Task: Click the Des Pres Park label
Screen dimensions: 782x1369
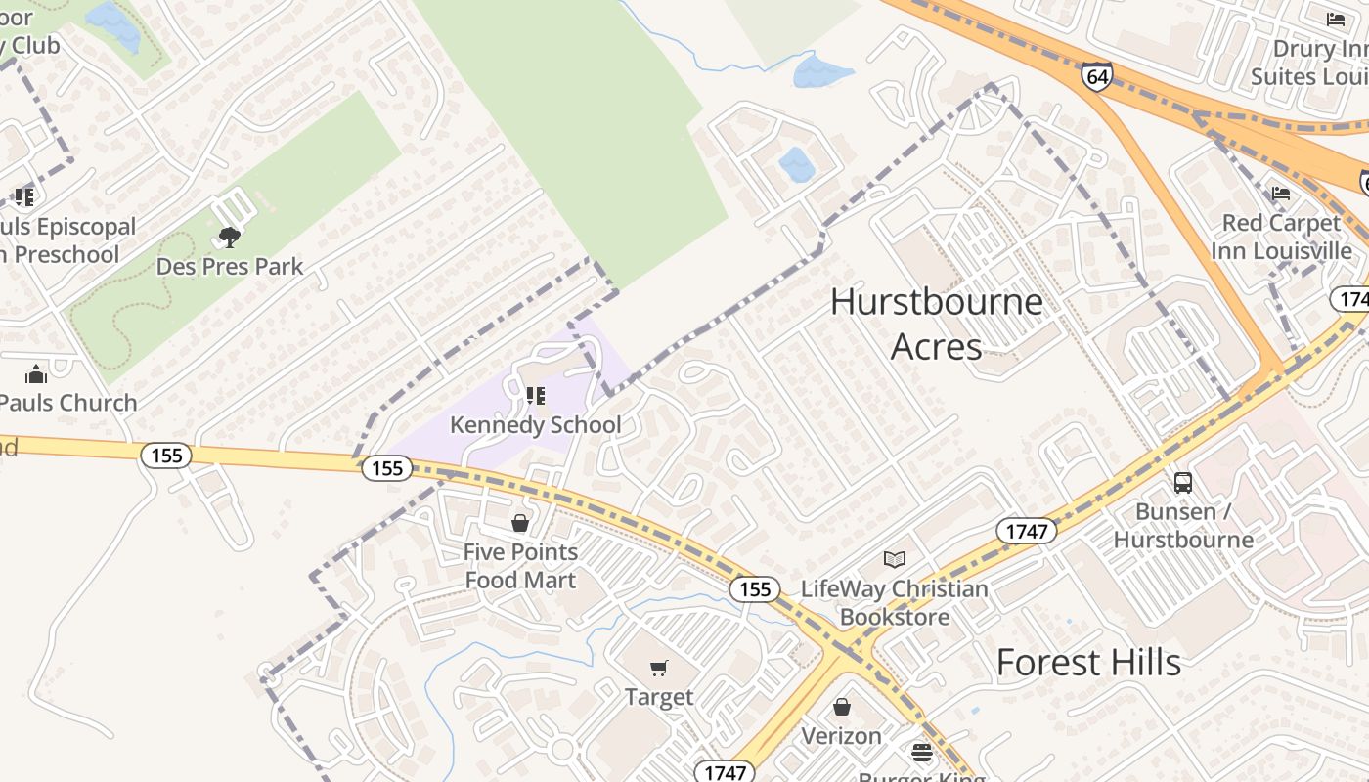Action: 230,266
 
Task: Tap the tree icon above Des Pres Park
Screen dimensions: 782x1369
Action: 230,237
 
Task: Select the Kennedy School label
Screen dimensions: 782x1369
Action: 535,425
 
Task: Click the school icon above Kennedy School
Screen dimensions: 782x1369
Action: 535,395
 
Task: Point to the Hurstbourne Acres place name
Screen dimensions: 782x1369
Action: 936,324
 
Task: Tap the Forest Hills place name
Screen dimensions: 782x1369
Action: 1088,663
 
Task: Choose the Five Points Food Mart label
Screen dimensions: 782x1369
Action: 520,566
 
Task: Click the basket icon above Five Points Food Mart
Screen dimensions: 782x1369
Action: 520,523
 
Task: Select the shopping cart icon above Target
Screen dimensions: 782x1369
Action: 659,669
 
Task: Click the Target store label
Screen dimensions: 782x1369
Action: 659,697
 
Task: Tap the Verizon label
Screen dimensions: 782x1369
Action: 841,735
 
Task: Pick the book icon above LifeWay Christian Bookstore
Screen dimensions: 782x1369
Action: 895,559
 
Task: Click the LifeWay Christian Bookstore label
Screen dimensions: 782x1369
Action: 895,603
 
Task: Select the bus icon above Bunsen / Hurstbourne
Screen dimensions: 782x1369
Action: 1183,482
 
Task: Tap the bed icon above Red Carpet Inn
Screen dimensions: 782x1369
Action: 1281,193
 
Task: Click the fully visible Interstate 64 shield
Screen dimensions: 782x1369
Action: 1096,76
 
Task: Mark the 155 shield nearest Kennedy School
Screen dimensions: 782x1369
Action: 387,468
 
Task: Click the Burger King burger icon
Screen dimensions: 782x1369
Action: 922,752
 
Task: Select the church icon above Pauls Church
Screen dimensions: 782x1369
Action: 36,374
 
